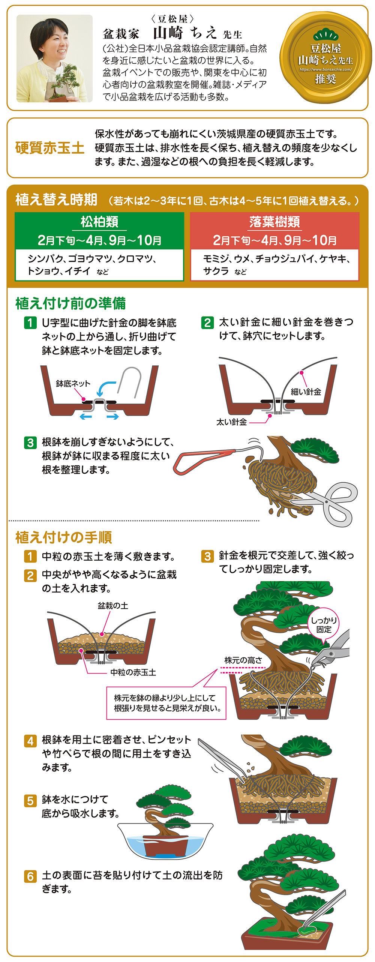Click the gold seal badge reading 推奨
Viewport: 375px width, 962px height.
(x=325, y=58)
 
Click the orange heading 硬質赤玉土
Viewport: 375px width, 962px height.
(x=49, y=148)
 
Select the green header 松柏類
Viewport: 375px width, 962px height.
(x=99, y=222)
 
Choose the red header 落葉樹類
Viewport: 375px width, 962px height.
(x=274, y=222)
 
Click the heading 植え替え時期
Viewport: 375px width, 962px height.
(x=56, y=200)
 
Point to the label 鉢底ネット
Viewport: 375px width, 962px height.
(x=73, y=383)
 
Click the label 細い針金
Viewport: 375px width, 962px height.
(x=306, y=392)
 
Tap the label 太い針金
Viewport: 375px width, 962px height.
(x=231, y=422)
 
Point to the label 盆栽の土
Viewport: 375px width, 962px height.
(x=112, y=606)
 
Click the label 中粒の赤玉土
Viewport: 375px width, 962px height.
(x=133, y=672)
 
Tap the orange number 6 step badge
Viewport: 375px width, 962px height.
(x=30, y=876)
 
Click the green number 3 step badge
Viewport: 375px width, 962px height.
(x=30, y=443)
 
